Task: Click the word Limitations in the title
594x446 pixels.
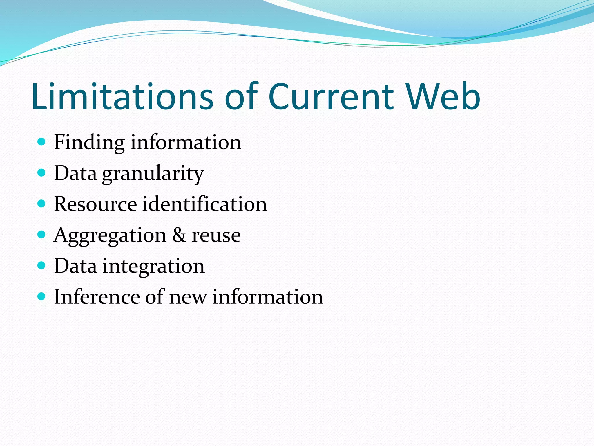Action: point(122,96)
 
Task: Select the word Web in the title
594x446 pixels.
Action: point(443,96)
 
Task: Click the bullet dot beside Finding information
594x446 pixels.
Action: point(42,142)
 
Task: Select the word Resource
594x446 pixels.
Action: point(95,204)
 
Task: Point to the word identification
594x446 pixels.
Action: point(204,204)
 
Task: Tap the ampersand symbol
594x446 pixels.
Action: point(179,235)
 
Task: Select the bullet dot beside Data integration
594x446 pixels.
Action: point(42,265)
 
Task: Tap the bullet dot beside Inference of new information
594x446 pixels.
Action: point(42,296)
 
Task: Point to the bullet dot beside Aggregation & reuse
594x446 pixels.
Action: point(42,235)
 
